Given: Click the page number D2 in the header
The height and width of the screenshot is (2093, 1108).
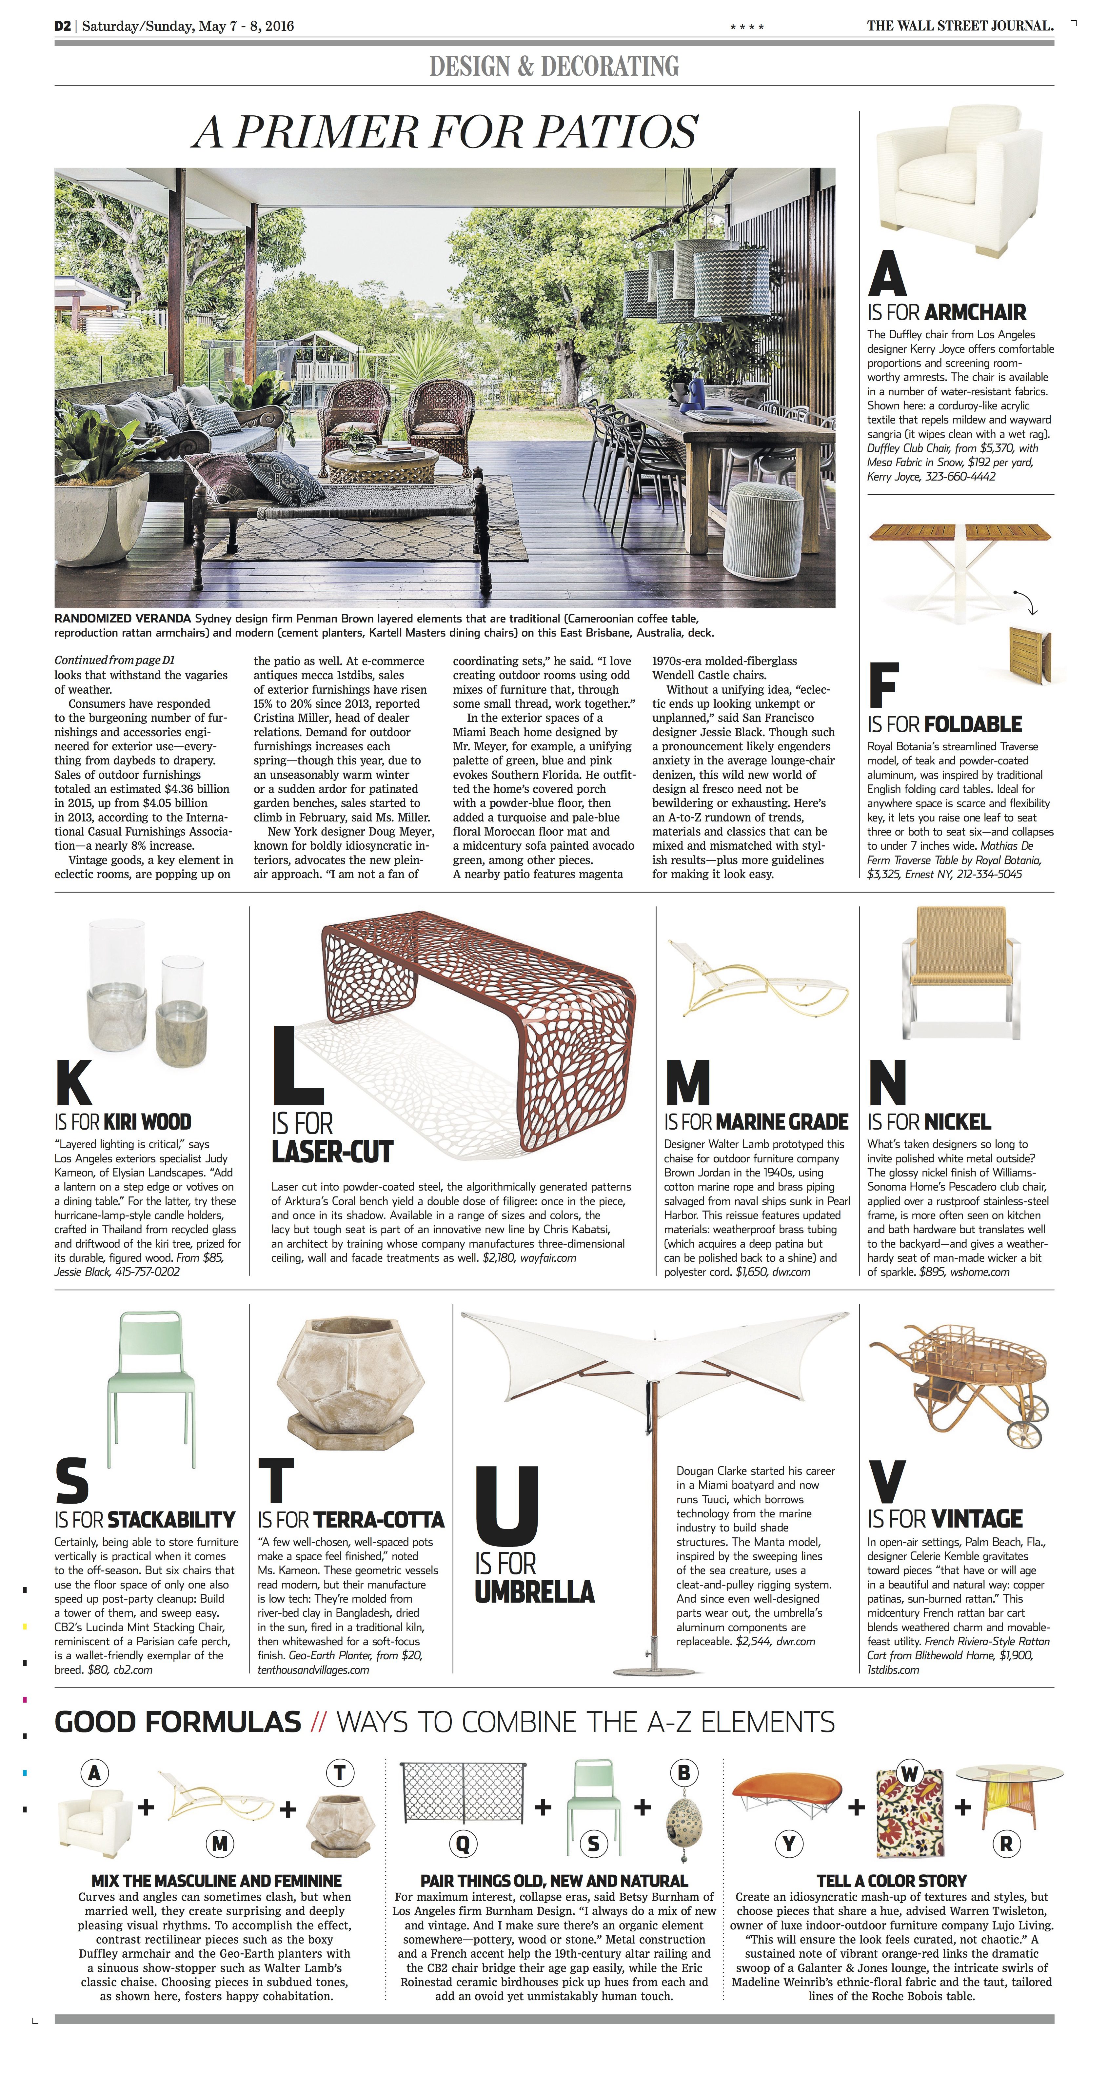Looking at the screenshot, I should point(63,26).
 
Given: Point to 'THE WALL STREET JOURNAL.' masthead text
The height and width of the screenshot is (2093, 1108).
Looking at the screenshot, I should point(960,26).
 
